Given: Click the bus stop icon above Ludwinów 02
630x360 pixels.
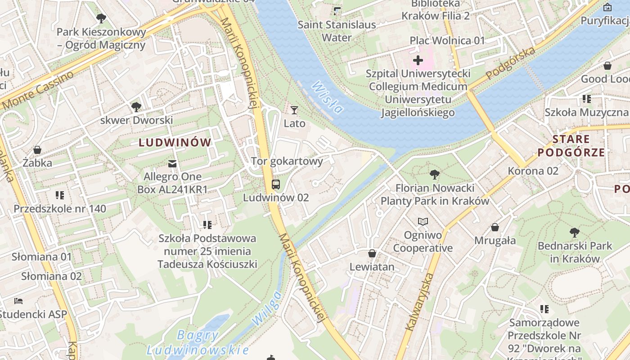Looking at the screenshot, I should (275, 184).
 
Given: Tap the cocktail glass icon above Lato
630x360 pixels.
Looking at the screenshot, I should (294, 110).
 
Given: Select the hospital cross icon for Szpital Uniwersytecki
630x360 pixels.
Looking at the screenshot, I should (418, 60).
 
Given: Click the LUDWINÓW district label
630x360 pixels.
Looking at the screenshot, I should (175, 143).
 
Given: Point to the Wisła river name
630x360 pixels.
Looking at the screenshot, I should (327, 97).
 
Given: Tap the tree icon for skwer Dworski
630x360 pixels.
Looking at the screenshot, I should (136, 107).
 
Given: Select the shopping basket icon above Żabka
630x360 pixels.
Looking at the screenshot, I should (37, 149).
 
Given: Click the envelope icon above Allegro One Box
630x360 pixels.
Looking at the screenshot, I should (172, 163).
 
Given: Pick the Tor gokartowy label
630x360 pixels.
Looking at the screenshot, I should (287, 161).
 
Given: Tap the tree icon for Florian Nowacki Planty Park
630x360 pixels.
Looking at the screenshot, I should (435, 174).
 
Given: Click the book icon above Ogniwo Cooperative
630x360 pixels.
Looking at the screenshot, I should (423, 221).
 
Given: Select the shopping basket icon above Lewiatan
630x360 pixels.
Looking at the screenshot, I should (372, 253).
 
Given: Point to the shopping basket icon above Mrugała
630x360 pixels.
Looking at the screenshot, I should (495, 227).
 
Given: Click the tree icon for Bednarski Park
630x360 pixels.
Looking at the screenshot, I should (575, 233).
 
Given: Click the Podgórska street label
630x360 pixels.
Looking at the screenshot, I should (512, 63).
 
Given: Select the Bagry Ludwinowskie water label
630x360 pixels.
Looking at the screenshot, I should (198, 342).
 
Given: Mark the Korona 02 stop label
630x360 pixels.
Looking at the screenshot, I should (533, 171).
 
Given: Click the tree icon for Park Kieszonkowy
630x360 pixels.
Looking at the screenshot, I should (101, 18).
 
